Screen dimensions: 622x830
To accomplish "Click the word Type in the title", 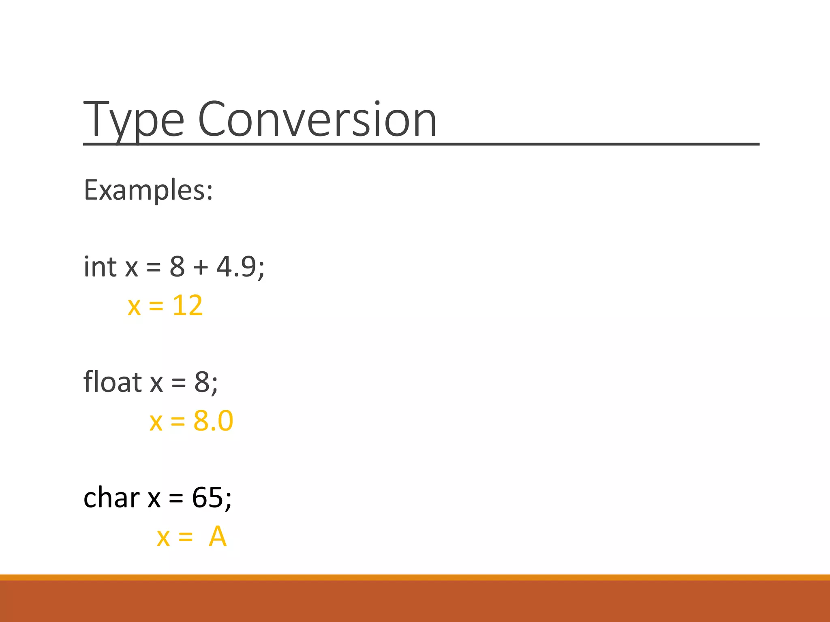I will (134, 120).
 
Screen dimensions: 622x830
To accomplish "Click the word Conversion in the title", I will (317, 120).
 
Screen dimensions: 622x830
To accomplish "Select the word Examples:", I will (148, 190).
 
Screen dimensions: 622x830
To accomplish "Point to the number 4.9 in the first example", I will (236, 267).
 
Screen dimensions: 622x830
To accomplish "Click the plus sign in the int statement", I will (201, 268).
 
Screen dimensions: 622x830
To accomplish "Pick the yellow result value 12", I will (187, 306).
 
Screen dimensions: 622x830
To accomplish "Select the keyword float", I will (112, 382).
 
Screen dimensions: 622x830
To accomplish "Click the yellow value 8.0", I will (213, 421).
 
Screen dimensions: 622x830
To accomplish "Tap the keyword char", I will (111, 498).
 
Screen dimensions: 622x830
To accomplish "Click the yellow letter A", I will (218, 537).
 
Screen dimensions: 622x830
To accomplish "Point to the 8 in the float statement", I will (202, 382).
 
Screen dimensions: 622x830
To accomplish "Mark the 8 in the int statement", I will (177, 267).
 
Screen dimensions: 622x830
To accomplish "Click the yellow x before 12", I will (134, 307).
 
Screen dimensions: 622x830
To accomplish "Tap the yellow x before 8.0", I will (156, 422).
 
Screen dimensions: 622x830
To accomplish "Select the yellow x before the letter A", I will (163, 538).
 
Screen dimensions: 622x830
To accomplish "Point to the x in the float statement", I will (156, 383).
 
